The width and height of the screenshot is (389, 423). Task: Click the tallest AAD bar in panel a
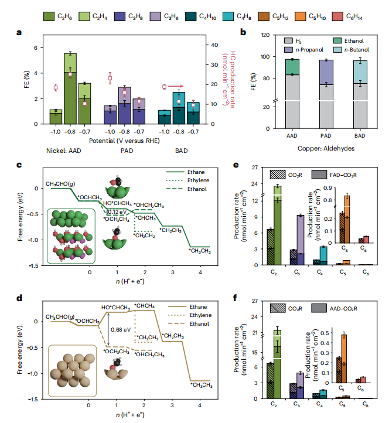point(70,88)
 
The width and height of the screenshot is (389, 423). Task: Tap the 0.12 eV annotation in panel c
point(115,211)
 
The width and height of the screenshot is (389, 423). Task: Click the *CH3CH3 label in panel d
point(202,385)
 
